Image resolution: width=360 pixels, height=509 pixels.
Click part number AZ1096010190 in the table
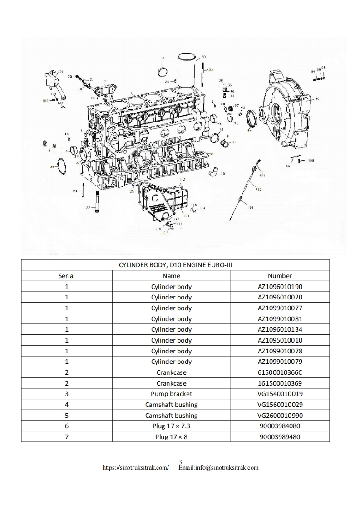280,286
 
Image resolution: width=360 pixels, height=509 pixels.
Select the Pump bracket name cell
171,394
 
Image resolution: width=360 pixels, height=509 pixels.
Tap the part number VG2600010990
280,416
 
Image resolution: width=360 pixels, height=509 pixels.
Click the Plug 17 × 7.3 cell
171,426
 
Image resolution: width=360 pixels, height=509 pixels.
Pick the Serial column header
67,275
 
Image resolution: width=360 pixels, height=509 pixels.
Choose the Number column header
280,275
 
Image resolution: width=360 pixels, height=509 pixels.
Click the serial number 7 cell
67,437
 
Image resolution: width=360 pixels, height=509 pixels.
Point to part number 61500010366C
280,372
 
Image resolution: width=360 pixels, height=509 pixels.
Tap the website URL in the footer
136,467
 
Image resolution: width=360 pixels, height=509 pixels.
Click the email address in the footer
218,467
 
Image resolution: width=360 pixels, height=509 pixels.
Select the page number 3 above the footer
181,462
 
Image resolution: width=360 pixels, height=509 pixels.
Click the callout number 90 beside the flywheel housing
317,98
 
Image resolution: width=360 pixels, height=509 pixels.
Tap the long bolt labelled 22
97,200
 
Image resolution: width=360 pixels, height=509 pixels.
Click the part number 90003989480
280,437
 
